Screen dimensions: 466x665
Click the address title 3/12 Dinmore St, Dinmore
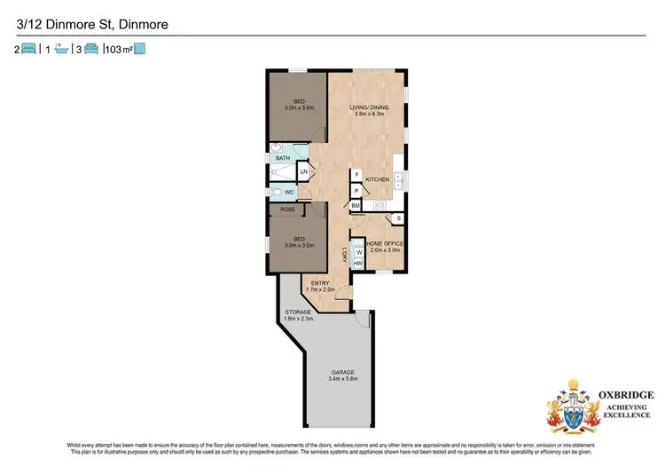74,26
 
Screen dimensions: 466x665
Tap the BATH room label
282,158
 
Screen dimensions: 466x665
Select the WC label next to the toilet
289,192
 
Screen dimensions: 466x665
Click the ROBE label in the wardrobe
287,210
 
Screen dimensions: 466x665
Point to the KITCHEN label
378,180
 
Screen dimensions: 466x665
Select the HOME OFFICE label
384,243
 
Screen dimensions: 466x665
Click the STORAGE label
297,312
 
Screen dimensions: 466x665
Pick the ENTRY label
321,284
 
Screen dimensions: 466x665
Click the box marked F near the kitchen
356,175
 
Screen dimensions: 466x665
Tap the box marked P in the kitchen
356,190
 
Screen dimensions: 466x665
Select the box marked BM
356,206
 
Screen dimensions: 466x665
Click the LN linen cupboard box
303,170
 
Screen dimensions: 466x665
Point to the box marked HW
358,264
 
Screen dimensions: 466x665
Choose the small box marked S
398,218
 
